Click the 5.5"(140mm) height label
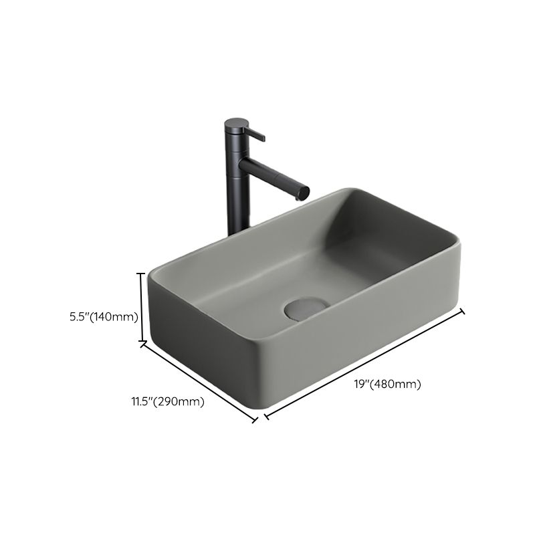(x=104, y=317)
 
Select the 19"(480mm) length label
(x=387, y=384)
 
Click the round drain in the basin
(x=306, y=308)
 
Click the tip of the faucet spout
(x=304, y=193)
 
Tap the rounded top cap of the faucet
(x=236, y=123)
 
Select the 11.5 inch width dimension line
(x=199, y=382)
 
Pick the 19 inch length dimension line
(x=364, y=364)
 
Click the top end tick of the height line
(x=141, y=273)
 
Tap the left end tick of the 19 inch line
(x=266, y=417)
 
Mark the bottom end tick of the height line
(x=142, y=344)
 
